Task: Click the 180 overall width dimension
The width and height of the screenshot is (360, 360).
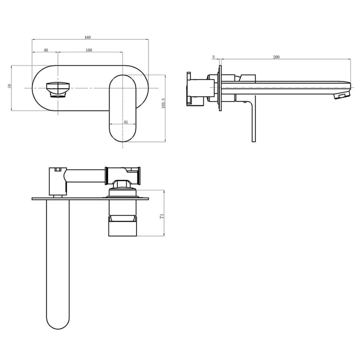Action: [88, 37]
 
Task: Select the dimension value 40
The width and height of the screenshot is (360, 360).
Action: [45, 50]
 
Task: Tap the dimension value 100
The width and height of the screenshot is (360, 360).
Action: [89, 50]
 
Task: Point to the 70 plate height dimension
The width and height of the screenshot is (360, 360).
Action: [9, 86]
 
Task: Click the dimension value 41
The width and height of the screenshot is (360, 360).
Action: [125, 121]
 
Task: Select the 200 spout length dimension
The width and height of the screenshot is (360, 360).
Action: [276, 57]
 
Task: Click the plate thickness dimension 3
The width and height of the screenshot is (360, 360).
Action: [213, 57]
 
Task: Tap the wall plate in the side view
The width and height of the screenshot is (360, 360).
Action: [220, 88]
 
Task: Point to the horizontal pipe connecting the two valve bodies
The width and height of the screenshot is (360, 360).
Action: [85, 175]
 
